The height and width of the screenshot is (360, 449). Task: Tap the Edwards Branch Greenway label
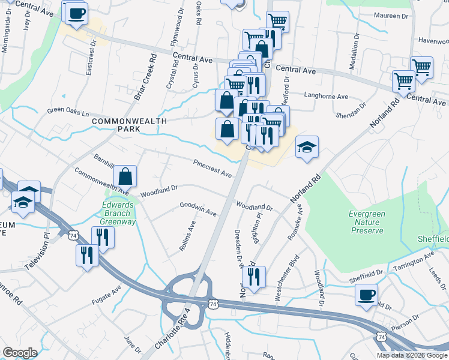(x=118, y=212)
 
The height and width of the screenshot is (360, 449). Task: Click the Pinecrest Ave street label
(x=212, y=168)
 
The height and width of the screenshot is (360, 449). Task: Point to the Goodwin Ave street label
(x=198, y=208)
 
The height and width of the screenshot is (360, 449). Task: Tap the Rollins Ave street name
(x=189, y=238)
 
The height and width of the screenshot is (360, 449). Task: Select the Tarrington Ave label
(x=413, y=262)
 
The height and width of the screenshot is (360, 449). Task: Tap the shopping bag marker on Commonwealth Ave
(x=125, y=176)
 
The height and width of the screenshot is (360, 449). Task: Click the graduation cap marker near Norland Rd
(x=307, y=147)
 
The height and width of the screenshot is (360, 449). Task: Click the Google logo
(x=20, y=353)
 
